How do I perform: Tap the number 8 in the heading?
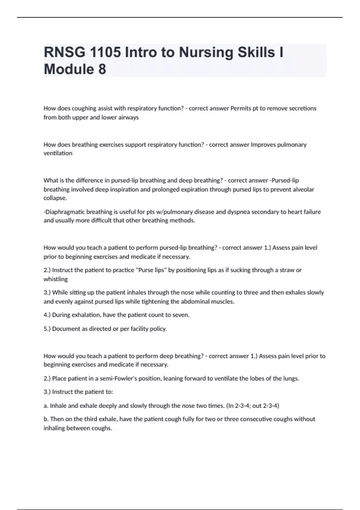point(102,69)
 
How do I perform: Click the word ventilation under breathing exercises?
point(58,153)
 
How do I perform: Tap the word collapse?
point(55,198)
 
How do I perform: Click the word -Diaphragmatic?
point(64,212)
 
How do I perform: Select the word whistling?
point(55,279)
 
